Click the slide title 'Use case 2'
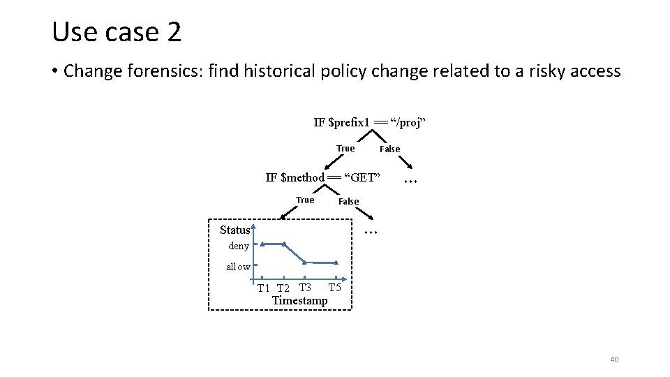coord(117,32)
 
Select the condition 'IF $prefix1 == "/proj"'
coord(369,123)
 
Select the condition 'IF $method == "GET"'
coord(322,177)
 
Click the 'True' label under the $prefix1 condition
coord(345,148)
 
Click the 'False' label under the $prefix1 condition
coord(389,149)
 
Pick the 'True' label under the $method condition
coord(305,200)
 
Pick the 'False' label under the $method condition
coord(348,202)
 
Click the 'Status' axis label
coord(234,230)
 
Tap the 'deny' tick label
coord(239,246)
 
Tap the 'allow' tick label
coord(238,267)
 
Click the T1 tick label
coord(263,288)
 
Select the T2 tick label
coord(283,288)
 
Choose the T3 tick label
coord(305,288)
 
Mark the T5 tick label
coord(334,288)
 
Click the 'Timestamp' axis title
coord(299,300)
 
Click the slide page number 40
coord(614,360)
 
